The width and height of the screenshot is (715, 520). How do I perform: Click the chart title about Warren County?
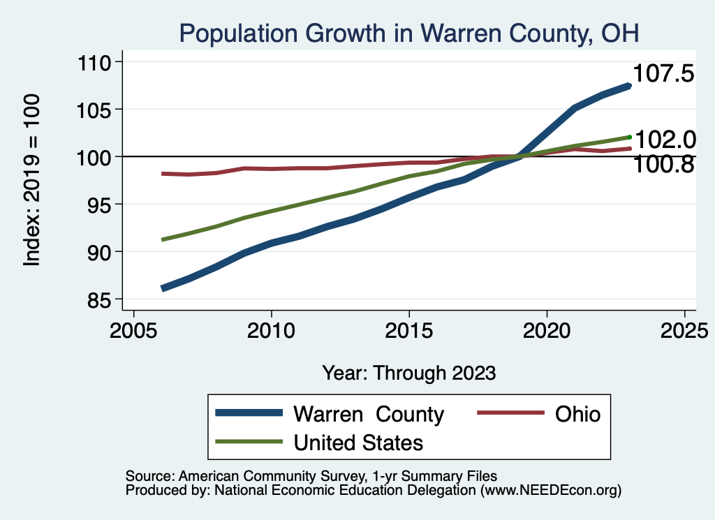tap(409, 32)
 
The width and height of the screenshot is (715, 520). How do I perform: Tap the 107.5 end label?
tap(663, 73)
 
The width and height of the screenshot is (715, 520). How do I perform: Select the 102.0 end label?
tap(664, 140)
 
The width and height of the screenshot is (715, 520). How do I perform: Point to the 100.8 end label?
tap(663, 165)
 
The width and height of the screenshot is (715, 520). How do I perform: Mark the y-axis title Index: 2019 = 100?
tap(33, 180)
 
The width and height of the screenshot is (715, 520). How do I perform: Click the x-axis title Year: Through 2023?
tap(409, 373)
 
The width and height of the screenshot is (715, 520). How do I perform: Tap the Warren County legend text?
tap(369, 415)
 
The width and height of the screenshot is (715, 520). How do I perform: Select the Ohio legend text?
tap(577, 415)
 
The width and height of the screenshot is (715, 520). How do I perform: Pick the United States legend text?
tap(358, 443)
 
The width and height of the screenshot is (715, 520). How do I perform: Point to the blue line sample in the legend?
tap(249, 413)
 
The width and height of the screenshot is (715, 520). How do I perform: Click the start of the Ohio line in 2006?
tap(162, 173)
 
